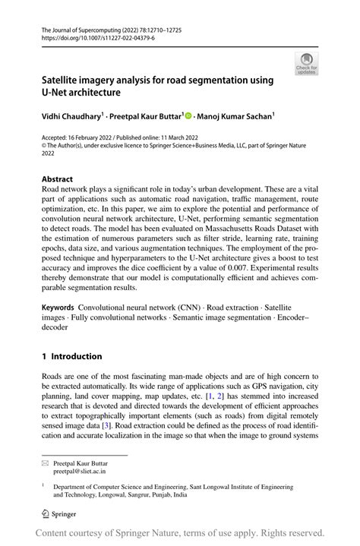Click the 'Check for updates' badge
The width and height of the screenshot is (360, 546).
(x=306, y=65)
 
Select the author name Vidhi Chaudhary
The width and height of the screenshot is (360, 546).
(x=74, y=117)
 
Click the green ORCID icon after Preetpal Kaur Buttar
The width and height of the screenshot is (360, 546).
(x=190, y=117)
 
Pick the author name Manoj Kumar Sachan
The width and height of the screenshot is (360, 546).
(x=235, y=117)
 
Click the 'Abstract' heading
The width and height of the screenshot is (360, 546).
(x=57, y=181)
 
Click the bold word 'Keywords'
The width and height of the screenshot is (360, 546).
(x=58, y=310)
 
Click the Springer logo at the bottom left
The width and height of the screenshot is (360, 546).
(x=59, y=511)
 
